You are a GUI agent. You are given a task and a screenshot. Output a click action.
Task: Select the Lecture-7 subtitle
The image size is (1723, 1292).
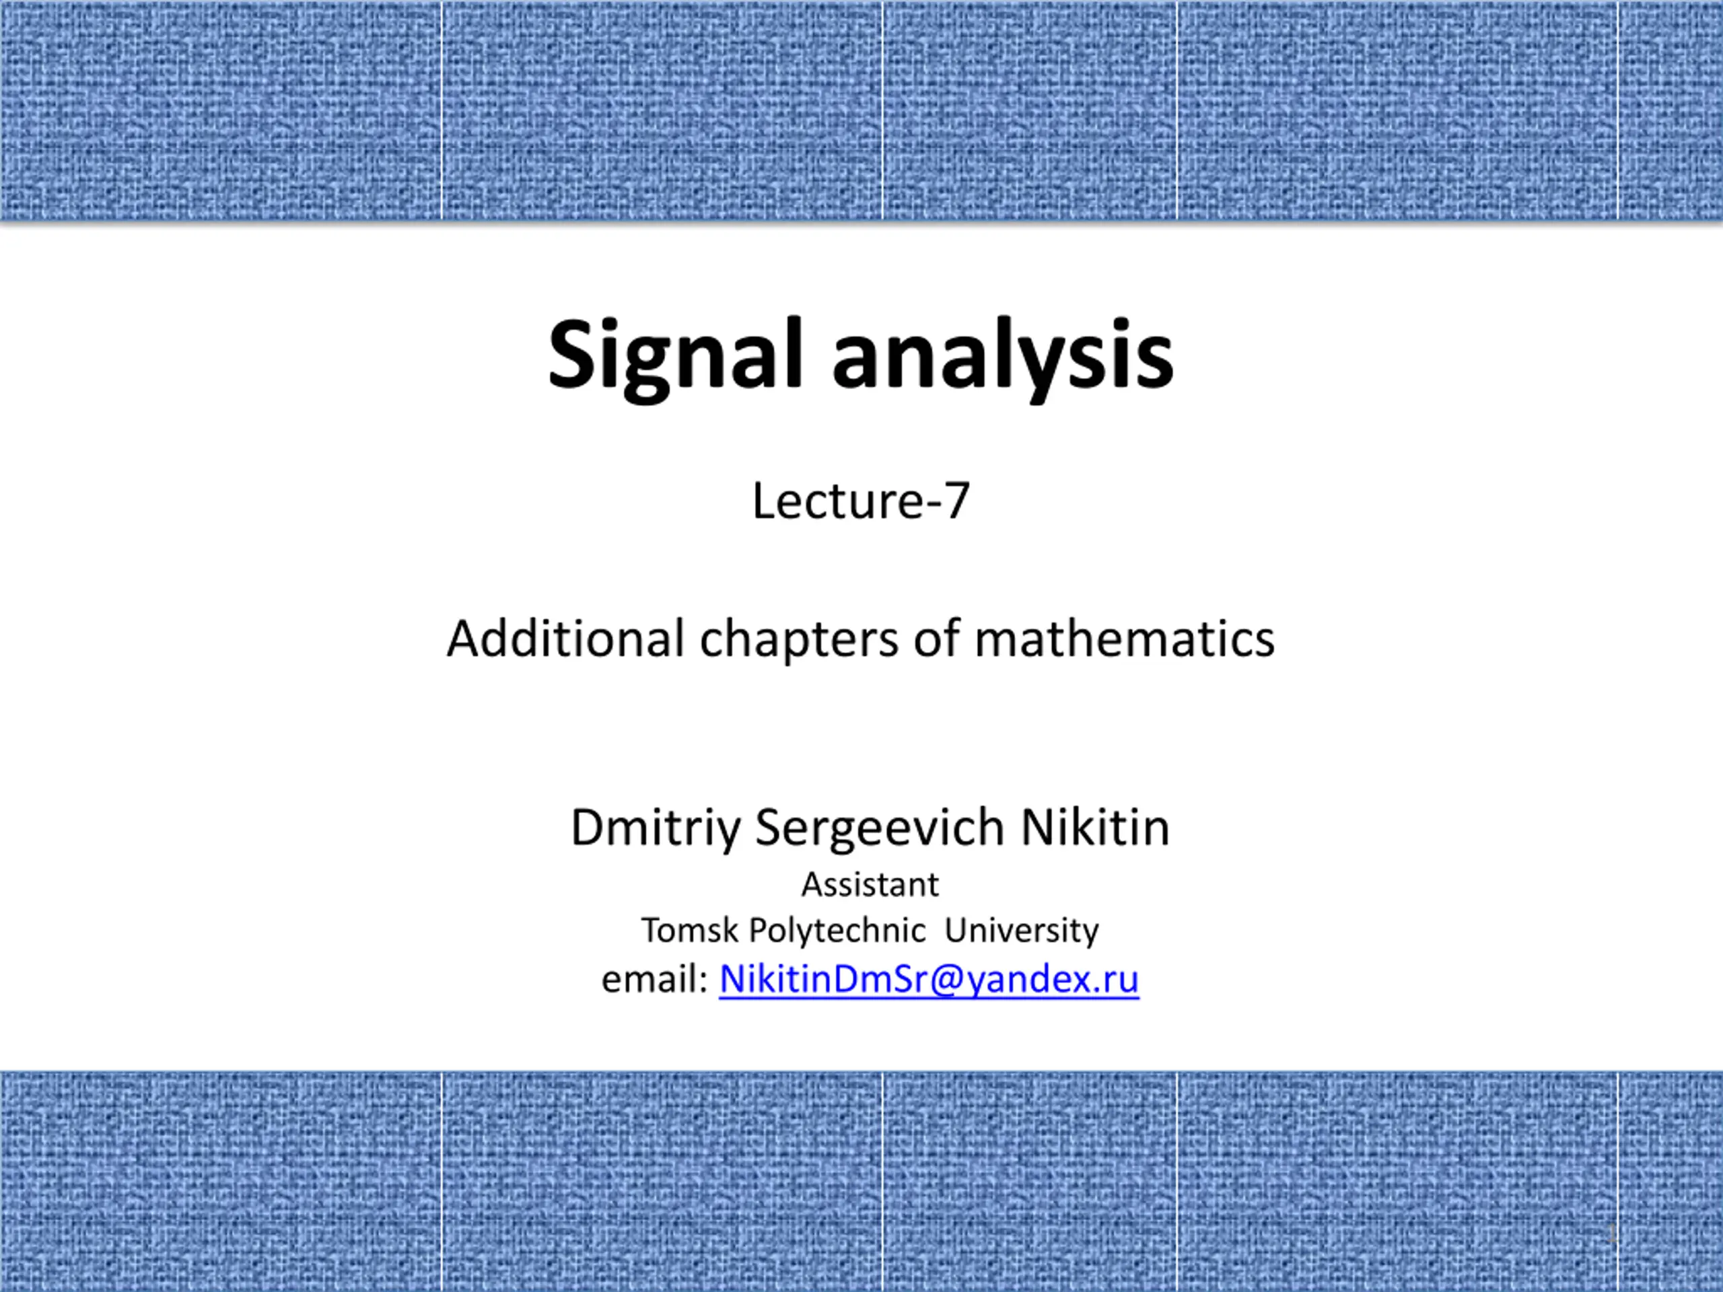pos(861,500)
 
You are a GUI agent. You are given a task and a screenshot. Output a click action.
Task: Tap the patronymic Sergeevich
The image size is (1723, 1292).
pos(880,828)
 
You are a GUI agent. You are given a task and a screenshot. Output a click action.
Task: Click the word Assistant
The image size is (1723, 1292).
pos(870,885)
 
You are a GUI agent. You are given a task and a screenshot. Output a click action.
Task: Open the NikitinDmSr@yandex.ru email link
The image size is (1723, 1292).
pos(929,979)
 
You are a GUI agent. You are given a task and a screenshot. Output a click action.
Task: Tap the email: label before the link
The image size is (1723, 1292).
pos(654,979)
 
